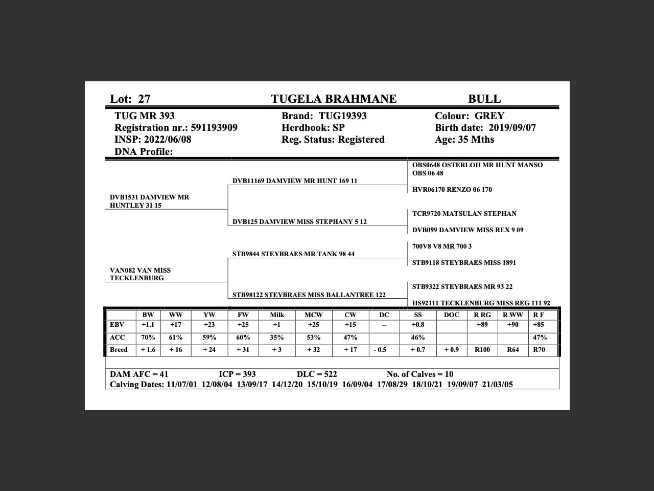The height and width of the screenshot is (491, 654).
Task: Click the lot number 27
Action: (144, 99)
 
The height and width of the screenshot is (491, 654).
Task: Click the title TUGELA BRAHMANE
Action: (334, 99)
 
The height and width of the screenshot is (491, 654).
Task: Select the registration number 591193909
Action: (214, 128)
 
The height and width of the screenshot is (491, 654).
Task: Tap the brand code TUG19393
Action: (343, 116)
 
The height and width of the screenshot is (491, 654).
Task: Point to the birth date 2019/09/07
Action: (512, 128)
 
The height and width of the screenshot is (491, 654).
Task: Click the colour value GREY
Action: (489, 116)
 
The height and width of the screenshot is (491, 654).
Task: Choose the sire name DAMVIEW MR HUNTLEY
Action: (149, 201)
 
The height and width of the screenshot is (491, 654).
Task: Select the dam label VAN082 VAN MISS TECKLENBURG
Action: (141, 274)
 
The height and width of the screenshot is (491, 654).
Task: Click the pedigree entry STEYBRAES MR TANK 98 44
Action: (293, 254)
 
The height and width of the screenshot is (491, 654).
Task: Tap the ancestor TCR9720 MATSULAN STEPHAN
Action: (464, 214)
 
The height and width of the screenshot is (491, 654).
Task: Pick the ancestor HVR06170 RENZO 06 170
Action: (452, 190)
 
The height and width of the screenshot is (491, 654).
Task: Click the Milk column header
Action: (277, 315)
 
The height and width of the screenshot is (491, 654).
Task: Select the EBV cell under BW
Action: (148, 325)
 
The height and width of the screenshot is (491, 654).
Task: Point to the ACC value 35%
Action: (277, 338)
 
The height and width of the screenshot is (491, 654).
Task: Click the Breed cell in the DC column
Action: (380, 350)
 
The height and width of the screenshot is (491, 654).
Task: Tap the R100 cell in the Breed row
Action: (482, 350)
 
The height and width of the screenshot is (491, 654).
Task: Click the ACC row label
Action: (118, 338)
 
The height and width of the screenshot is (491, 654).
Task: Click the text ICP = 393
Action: (237, 374)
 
